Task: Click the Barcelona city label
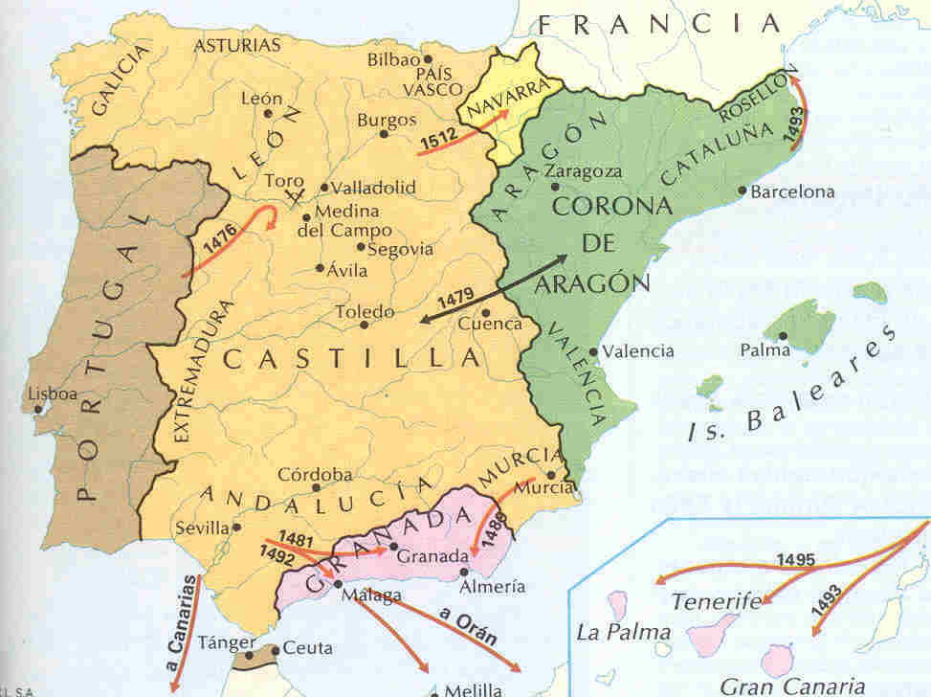[792, 191]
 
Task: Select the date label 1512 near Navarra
[438, 141]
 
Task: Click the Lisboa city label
[54, 393]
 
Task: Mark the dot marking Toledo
[364, 325]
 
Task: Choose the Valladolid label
[375, 188]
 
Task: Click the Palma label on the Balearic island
[765, 350]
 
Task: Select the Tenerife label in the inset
[716, 602]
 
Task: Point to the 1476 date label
[220, 253]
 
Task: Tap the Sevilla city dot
[237, 527]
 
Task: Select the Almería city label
[492, 586]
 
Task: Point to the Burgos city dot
[384, 134]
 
